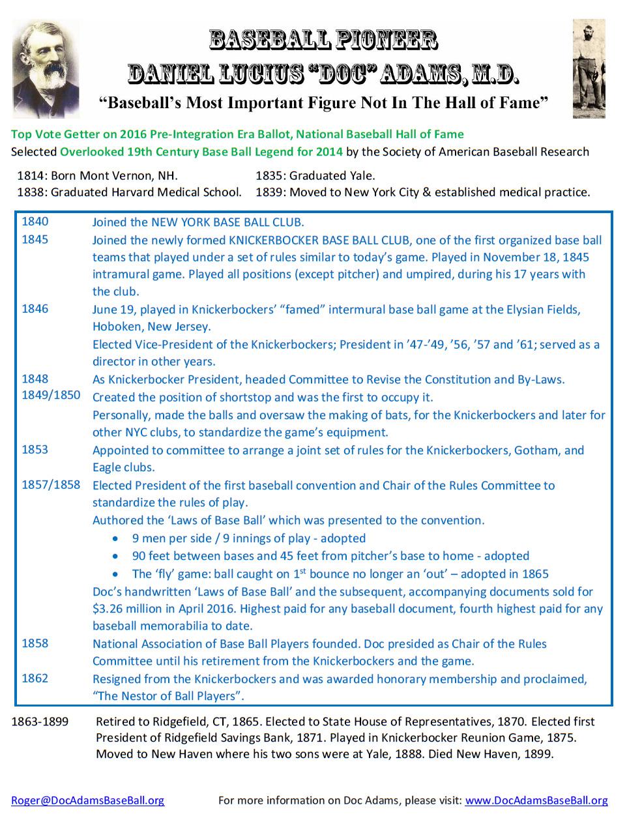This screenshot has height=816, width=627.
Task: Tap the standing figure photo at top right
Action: tap(589, 69)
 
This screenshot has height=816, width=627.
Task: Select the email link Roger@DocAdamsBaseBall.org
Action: tap(87, 800)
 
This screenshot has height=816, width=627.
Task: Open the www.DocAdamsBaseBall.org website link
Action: tap(536, 800)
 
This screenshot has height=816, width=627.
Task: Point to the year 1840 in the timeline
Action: tap(35, 222)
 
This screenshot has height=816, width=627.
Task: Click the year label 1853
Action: tap(35, 450)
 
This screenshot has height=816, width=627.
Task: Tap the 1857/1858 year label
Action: tap(51, 485)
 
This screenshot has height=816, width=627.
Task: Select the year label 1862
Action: tap(35, 678)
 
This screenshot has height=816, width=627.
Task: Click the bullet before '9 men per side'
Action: tap(115, 539)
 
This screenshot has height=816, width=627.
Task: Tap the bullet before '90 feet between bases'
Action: tap(115, 557)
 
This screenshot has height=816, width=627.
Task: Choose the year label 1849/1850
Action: tap(51, 396)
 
